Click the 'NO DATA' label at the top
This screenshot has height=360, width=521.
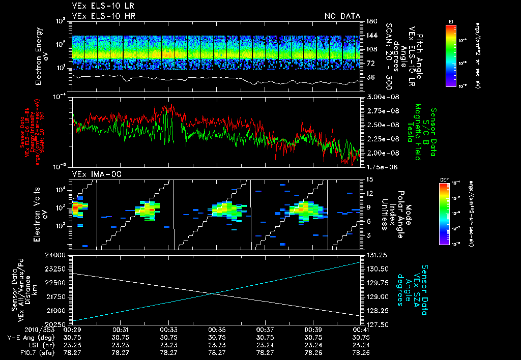[342, 16]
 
